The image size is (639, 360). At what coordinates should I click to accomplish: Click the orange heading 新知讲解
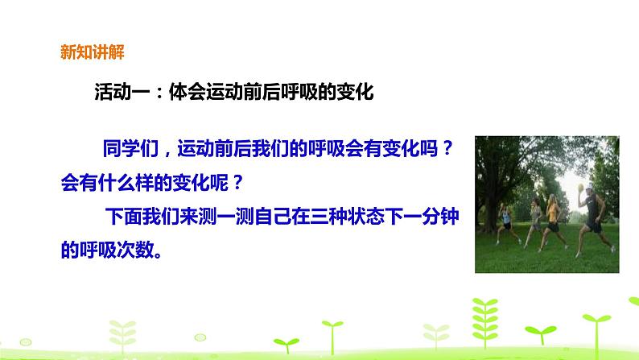click(x=92, y=54)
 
